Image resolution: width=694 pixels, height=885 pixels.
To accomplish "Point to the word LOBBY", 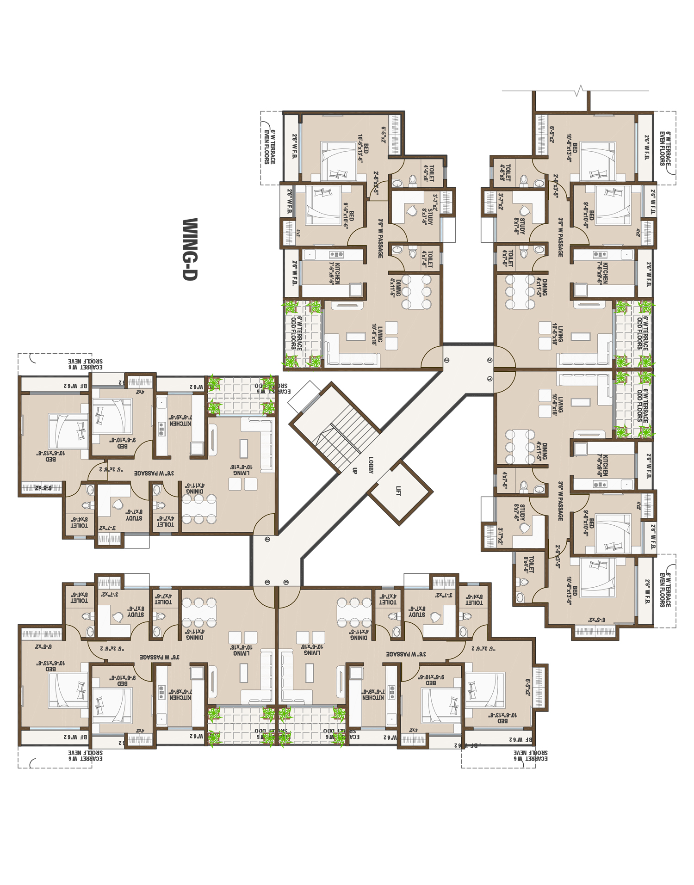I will tap(371, 465).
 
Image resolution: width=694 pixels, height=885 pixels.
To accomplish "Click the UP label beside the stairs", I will tap(355, 471).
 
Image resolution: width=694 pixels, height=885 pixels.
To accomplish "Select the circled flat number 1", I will tap(490, 379).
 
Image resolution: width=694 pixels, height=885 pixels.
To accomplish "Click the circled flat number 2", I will tap(490, 360).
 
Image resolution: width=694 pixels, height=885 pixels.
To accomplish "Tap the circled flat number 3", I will tap(446, 360).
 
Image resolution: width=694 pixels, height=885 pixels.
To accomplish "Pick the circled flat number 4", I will tap(267, 539).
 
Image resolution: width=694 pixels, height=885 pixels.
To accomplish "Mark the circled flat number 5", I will tap(267, 582).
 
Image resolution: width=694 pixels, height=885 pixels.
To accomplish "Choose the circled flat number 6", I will tap(286, 582).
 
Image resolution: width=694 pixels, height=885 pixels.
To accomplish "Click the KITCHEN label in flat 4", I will tap(180, 420).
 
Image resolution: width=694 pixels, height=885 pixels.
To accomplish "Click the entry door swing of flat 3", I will tap(433, 358).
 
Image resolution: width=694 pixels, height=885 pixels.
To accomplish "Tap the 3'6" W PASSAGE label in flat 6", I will tap(406, 654).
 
